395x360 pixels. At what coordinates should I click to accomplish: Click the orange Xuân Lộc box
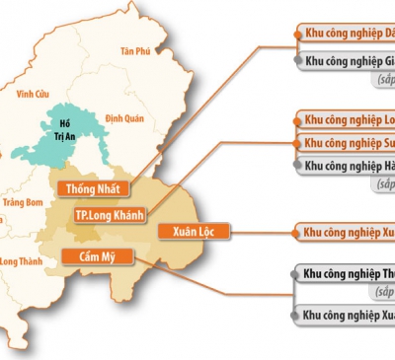coord(194,232)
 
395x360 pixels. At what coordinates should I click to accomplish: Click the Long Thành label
coord(22,261)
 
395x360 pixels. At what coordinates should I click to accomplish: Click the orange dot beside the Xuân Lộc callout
coord(295,233)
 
